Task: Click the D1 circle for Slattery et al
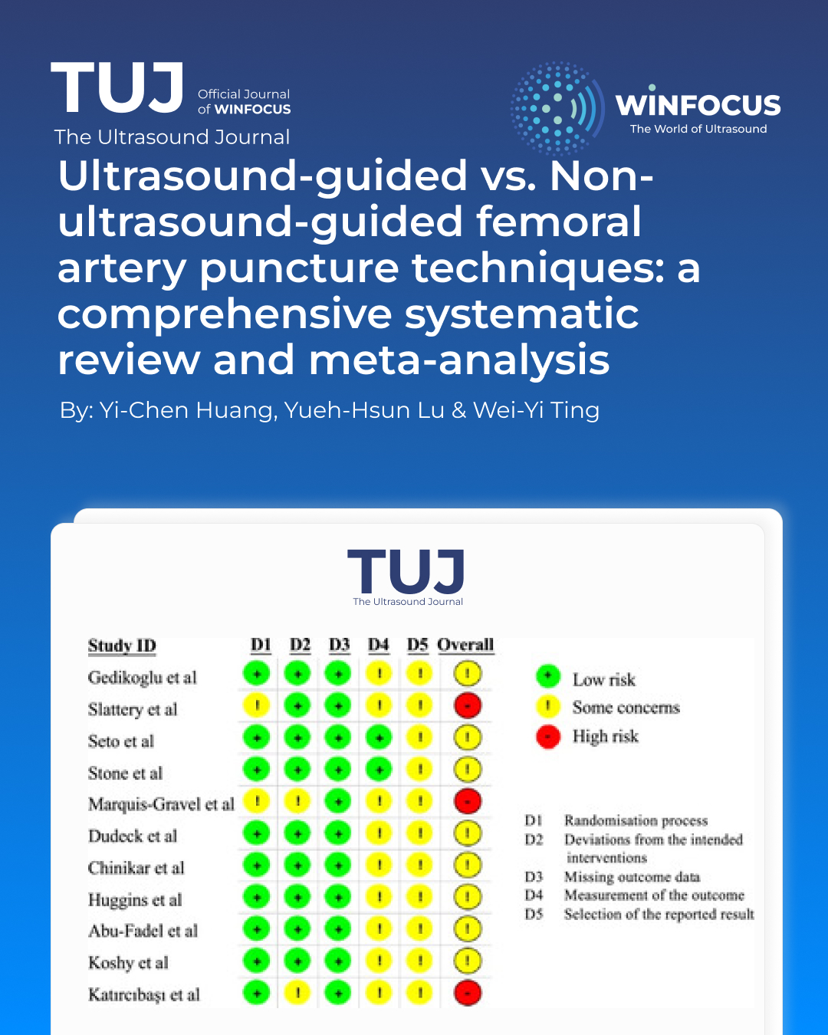point(257,705)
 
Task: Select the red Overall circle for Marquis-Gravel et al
point(467,801)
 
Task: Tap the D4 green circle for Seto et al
point(379,738)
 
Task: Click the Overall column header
point(465,645)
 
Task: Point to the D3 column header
point(339,645)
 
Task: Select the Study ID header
point(122,646)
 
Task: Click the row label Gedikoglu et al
point(143,678)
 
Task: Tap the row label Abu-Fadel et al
point(143,931)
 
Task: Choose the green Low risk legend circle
point(547,676)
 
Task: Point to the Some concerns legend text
point(626,708)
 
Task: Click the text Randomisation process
point(636,820)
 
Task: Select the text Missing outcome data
point(632,876)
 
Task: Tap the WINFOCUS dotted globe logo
point(557,108)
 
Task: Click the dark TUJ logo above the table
point(406,573)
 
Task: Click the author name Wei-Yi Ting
point(536,410)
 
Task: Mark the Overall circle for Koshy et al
point(467,961)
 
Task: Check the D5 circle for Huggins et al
point(419,897)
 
